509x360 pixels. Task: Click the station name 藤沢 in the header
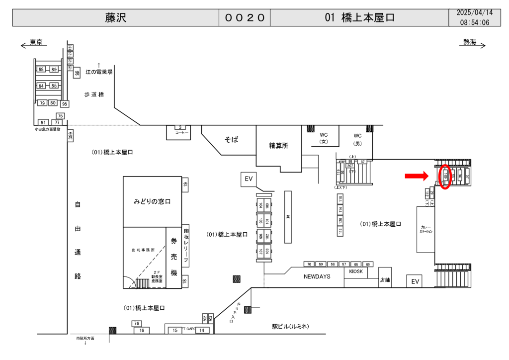tap(115, 18)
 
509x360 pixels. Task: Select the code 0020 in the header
tap(245, 18)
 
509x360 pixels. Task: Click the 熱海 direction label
tap(470, 42)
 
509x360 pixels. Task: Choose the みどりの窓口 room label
tap(152, 201)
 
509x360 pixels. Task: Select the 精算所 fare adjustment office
tap(279, 146)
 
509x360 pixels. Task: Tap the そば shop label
tap(231, 140)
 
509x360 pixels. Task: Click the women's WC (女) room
tap(324, 138)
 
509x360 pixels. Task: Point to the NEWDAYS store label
tap(317, 276)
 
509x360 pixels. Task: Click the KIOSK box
tap(356, 272)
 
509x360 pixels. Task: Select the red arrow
tap(416, 175)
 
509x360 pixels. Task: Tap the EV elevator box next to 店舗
tap(415, 282)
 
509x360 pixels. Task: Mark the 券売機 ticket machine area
tap(174, 257)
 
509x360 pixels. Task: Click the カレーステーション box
tap(426, 229)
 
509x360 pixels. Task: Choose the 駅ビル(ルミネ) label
tap(290, 327)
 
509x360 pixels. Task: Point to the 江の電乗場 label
tap(99, 72)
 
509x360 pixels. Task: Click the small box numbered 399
tap(71, 135)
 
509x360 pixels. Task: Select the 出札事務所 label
tap(143, 250)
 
